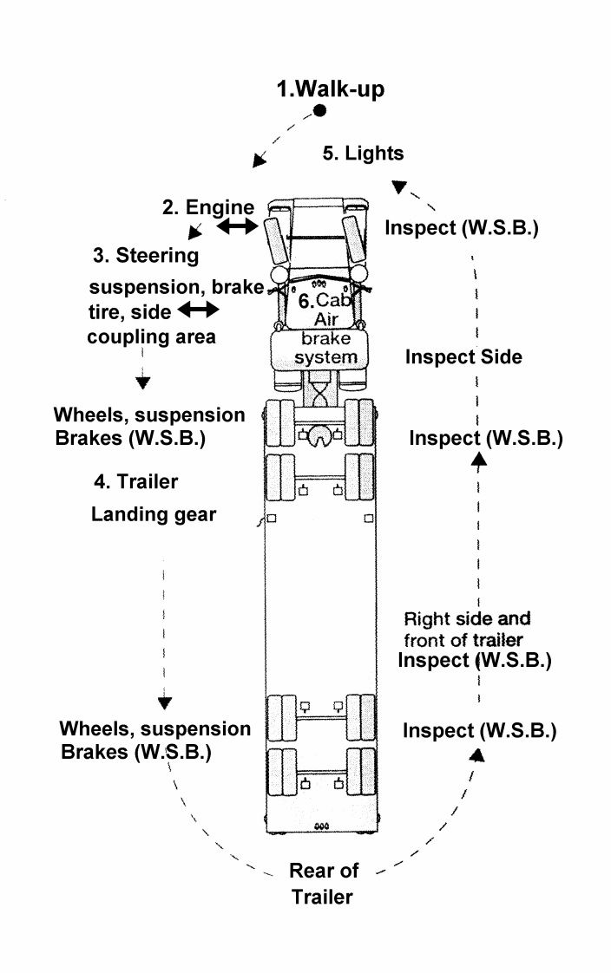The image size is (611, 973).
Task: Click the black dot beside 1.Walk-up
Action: point(319,111)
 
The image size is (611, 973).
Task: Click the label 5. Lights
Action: point(364,153)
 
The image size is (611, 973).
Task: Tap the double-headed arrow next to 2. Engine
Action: point(237,227)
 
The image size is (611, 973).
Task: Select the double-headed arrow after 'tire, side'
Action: point(198,309)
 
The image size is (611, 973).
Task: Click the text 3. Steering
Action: point(146,256)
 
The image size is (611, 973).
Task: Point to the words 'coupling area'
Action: point(152,337)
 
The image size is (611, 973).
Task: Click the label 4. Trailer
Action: point(136,481)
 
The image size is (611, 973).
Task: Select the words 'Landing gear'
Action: point(154,514)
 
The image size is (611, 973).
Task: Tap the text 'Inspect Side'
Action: point(463,356)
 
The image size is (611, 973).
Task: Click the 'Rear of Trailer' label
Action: point(323,884)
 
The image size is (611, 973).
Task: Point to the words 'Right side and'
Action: point(467,618)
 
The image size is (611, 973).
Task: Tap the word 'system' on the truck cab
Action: point(325,357)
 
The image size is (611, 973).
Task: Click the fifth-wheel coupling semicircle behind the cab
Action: point(320,435)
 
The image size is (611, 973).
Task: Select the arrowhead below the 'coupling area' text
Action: point(143,383)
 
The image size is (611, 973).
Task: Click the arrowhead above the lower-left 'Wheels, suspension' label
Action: point(165,703)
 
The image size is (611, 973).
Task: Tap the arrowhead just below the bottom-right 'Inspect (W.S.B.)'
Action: point(476,754)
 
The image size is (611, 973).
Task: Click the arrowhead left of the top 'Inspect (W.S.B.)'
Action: point(398,186)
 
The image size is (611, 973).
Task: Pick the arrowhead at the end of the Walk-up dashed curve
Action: point(259,160)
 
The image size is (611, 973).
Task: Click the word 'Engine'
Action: point(220,208)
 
